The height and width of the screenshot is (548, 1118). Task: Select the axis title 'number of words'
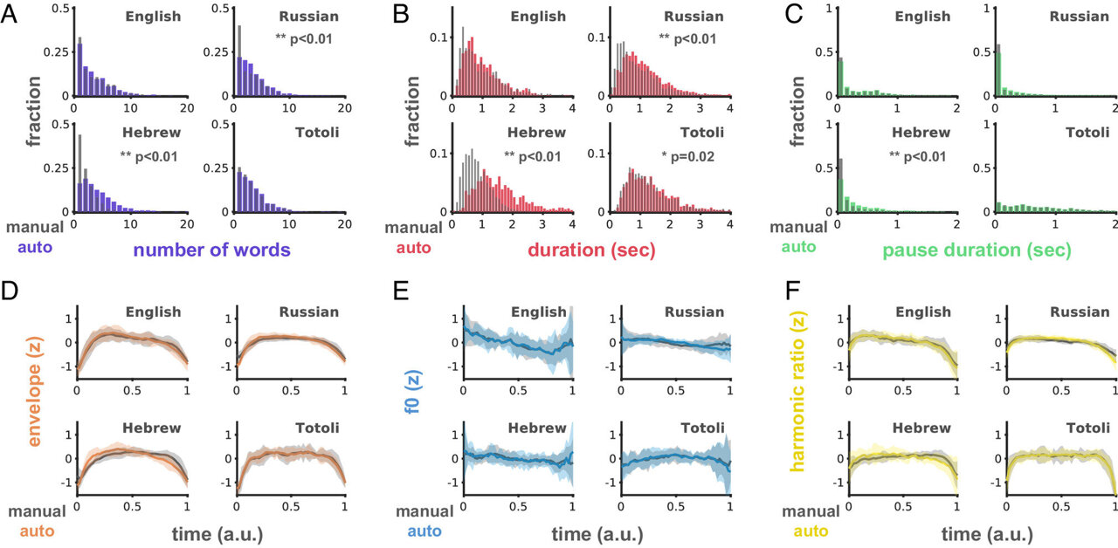(211, 250)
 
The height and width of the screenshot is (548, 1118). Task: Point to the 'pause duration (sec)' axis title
(977, 250)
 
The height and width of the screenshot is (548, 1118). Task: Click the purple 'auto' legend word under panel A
(34, 247)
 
